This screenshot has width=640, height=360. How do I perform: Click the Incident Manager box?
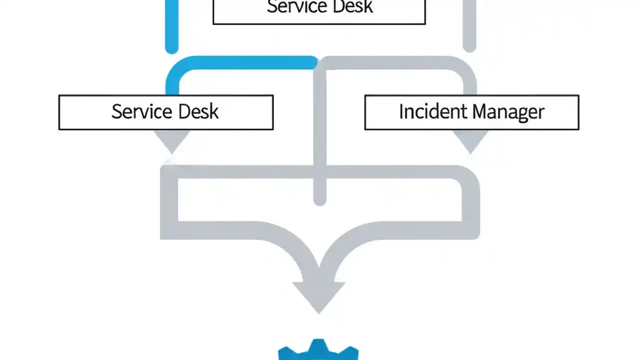[471, 112]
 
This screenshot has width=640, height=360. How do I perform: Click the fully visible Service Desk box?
[165, 112]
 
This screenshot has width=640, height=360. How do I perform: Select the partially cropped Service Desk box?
[319, 11]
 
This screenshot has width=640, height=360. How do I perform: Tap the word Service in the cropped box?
[295, 7]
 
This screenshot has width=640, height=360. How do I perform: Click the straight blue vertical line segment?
[171, 25]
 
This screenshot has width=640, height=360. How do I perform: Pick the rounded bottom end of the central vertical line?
[319, 199]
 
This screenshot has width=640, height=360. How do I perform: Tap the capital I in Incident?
[401, 111]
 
